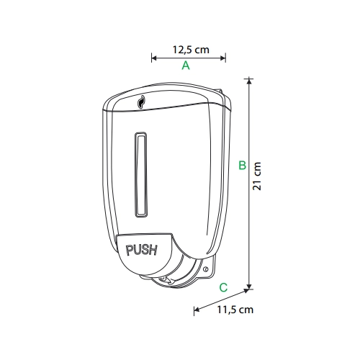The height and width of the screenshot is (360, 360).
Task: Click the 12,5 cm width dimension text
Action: click(191, 50)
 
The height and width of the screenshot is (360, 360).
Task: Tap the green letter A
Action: click(186, 66)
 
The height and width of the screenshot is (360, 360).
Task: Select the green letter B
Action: click(243, 165)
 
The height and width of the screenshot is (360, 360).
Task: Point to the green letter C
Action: click(223, 287)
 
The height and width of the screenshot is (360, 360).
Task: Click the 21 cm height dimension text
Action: click(256, 176)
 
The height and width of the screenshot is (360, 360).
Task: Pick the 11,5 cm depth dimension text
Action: click(235, 310)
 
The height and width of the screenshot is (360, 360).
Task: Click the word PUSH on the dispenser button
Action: click(142, 250)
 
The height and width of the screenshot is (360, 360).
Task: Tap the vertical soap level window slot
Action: click(141, 174)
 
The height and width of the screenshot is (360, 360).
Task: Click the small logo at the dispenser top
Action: click(141, 102)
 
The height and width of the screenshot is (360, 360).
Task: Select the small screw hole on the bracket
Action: click(205, 269)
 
